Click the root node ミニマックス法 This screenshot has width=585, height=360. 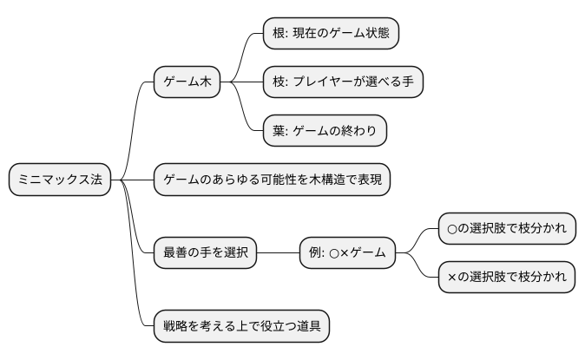pyautogui.click(x=60, y=180)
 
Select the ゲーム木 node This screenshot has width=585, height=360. pyautogui.click(x=187, y=82)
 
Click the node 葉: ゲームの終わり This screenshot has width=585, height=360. pyautogui.click(x=325, y=131)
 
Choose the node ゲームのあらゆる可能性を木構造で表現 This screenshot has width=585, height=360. pyautogui.click(x=273, y=180)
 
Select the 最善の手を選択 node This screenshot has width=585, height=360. pyautogui.click(x=205, y=253)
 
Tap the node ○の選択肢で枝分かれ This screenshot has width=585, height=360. pyautogui.click(x=506, y=229)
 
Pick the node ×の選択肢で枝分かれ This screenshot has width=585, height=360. pyautogui.click(x=506, y=278)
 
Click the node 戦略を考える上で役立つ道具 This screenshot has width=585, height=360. pyautogui.click(x=241, y=326)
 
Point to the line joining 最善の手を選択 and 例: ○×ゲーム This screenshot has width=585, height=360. pyautogui.click(x=278, y=253)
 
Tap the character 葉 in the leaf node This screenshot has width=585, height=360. pyautogui.click(x=278, y=131)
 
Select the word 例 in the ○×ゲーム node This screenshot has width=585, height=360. pyautogui.click(x=315, y=253)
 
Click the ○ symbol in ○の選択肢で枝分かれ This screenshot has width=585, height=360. pyautogui.click(x=452, y=229)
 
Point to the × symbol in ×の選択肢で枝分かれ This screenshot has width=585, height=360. pyautogui.click(x=452, y=278)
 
